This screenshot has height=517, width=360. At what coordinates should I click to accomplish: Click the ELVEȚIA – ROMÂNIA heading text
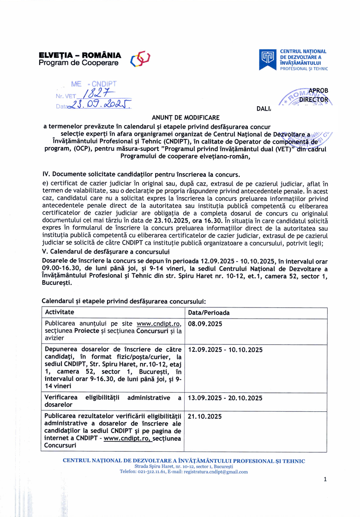(80, 55)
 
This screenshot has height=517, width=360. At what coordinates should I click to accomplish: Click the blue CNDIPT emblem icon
(268, 59)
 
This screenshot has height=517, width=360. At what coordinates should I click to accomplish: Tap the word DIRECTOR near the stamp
(314, 99)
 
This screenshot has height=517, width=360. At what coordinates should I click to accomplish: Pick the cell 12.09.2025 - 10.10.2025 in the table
(225, 350)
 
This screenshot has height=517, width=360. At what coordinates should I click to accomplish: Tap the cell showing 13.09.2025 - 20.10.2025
(225, 397)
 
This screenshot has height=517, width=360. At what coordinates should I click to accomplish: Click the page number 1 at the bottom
(325, 480)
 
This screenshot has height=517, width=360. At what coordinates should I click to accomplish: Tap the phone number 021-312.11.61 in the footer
(156, 472)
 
